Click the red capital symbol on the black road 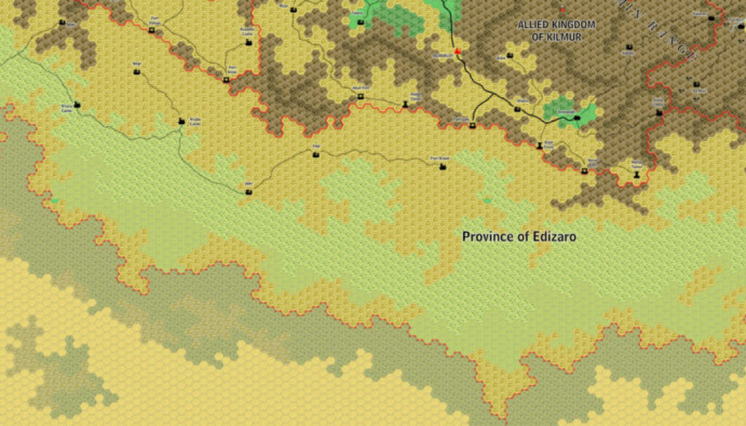pyautogui.click(x=458, y=51)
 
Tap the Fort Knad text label pyautogui.click(x=439, y=158)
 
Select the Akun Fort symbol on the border pyautogui.click(x=360, y=95)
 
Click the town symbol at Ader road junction pyautogui.click(x=248, y=192)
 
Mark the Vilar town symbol pyautogui.click(x=315, y=154)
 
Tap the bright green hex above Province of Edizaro pyautogui.click(x=487, y=200)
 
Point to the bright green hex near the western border pyautogui.click(x=55, y=200)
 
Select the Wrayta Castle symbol pyautogui.click(x=76, y=105)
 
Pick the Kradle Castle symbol pyautogui.click(x=181, y=121)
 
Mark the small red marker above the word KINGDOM pyautogui.click(x=562, y=9)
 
